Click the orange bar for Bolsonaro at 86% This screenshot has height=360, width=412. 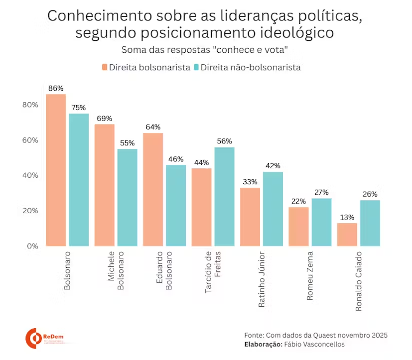[56, 170]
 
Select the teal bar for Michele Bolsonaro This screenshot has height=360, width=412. [127, 197]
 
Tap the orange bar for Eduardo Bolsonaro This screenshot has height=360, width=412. [153, 189]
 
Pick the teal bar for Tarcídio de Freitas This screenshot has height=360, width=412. [224, 196]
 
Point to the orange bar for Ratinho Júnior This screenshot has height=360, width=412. [250, 217]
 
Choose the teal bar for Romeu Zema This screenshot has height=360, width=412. [321, 222]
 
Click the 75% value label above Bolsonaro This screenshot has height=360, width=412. [79, 108]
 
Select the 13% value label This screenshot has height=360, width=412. [347, 217]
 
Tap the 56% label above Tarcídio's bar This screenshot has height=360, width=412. [224, 141]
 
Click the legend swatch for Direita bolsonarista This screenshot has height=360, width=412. [105, 67]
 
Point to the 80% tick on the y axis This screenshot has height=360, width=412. [30, 105]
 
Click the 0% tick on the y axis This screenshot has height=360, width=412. [32, 246]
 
